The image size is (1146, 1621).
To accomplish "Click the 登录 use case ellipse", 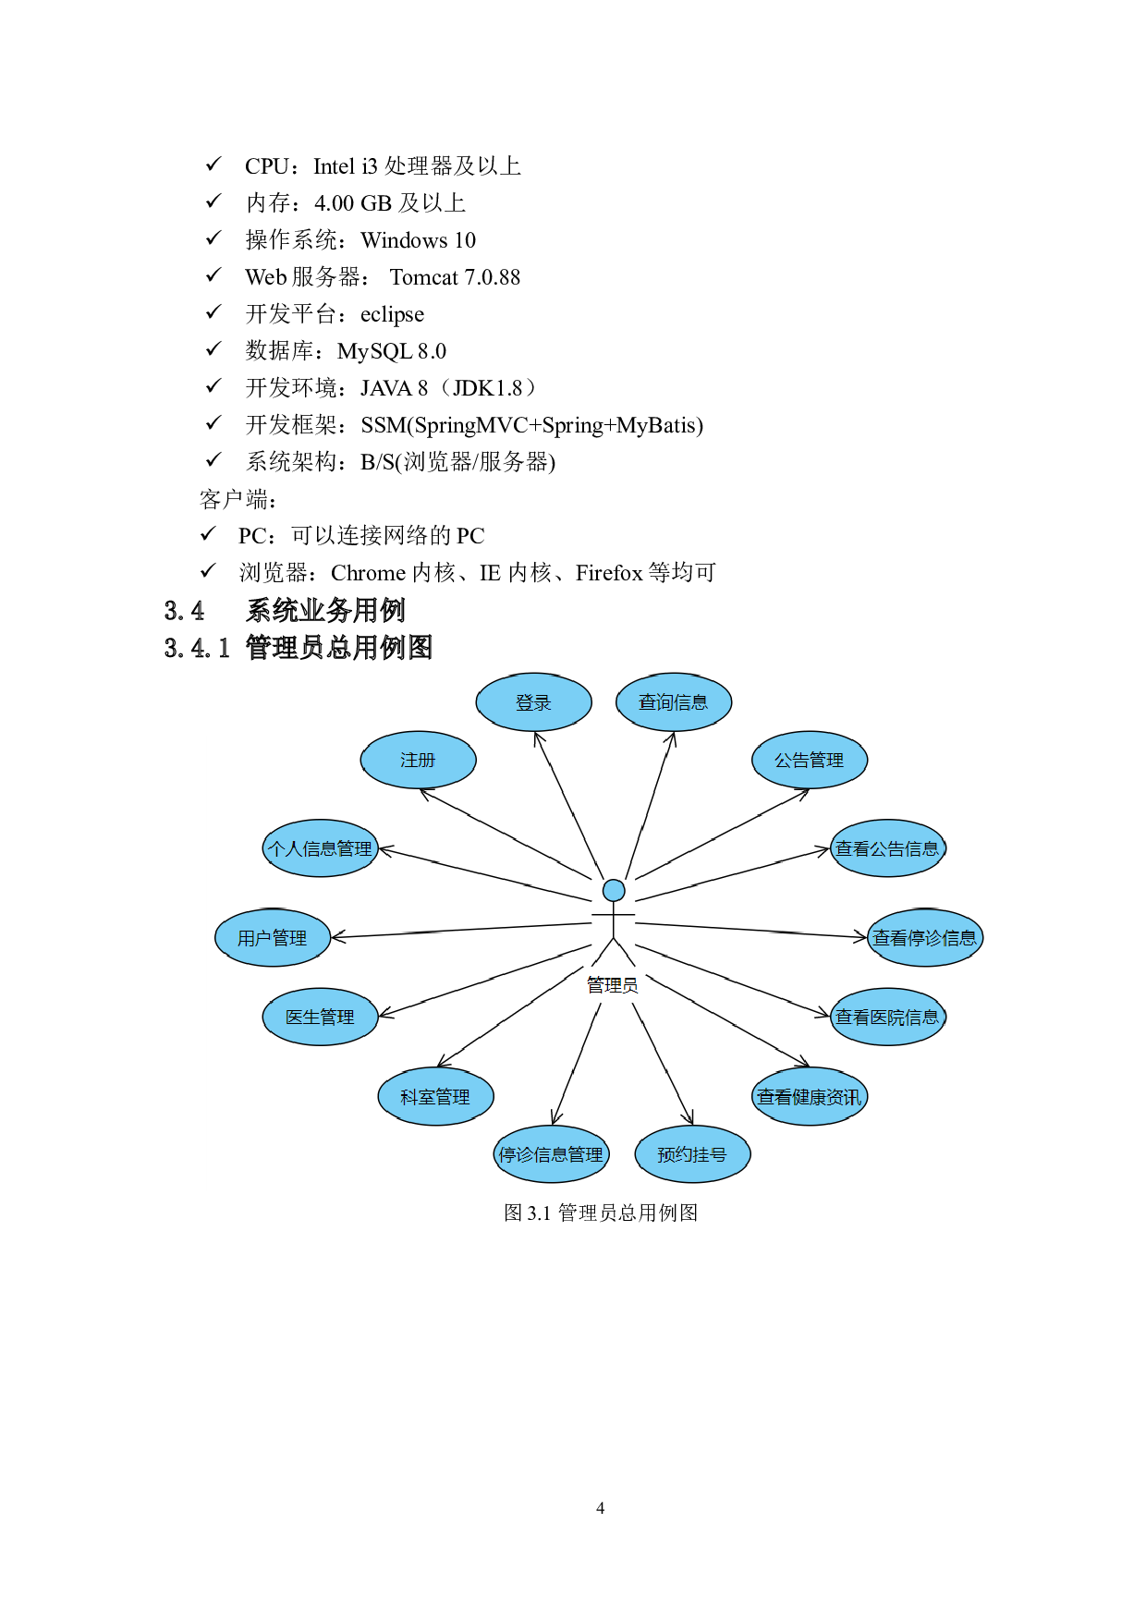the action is click(533, 702).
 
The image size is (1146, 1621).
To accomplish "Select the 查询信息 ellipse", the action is click(674, 702).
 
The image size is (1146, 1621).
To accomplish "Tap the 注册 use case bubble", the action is click(418, 760).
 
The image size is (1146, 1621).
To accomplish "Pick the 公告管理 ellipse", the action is click(810, 760).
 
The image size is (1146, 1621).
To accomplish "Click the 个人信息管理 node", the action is click(320, 848).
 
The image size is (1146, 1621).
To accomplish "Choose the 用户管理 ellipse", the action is click(273, 938).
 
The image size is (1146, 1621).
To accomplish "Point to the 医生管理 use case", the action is click(320, 1017).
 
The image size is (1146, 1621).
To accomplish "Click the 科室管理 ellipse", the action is click(435, 1097).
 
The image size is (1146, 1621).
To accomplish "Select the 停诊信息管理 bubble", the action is click(551, 1154).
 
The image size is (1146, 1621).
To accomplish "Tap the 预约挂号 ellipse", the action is click(692, 1154).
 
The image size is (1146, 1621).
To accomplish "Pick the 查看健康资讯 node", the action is click(810, 1097).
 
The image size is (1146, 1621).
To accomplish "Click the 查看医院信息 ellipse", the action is click(888, 1017).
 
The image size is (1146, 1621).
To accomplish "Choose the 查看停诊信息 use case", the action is click(925, 938).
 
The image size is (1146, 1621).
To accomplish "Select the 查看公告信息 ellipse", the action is click(888, 848).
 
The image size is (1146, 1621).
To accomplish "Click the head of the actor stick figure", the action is click(614, 890).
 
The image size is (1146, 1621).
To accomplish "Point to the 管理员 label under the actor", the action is click(613, 985).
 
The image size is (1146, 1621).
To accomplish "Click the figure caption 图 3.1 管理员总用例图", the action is click(601, 1213).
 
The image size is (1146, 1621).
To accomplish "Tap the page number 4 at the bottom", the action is click(601, 1508).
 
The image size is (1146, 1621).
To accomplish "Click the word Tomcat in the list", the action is click(424, 277).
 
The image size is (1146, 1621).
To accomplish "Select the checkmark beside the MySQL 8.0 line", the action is click(213, 348).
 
